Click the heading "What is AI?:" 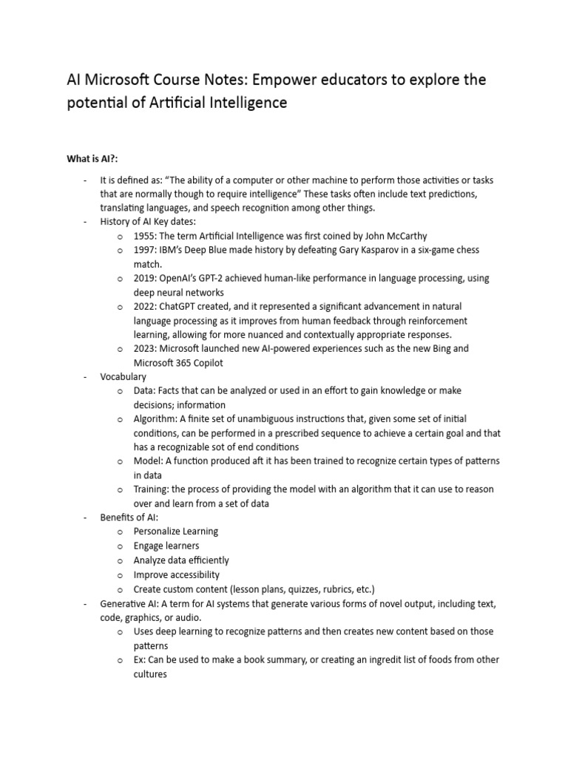click(94, 158)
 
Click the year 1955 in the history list click(144, 236)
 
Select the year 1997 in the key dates click(144, 251)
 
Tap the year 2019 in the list click(144, 279)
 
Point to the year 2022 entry click(144, 306)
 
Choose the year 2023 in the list click(144, 348)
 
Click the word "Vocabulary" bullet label click(124, 376)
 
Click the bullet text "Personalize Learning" click(176, 532)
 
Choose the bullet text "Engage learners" click(166, 546)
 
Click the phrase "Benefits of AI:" click(129, 517)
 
